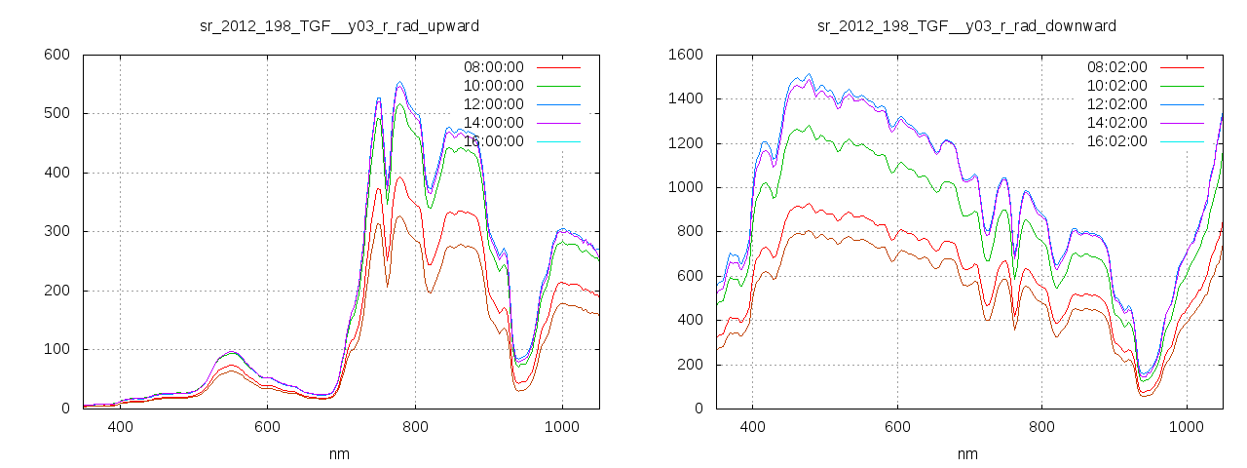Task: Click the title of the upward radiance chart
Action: pos(339,25)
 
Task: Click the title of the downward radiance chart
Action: pos(966,25)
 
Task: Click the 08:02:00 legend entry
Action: pos(1116,67)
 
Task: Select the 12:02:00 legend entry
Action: pos(1116,104)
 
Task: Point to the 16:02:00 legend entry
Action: pos(1116,141)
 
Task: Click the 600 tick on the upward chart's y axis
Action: pos(57,55)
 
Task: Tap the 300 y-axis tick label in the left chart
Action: pos(57,232)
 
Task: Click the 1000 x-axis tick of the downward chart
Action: pos(1187,426)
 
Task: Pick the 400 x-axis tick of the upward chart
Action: pos(121,426)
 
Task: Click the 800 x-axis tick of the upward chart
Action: pos(415,426)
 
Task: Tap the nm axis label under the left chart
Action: pos(340,453)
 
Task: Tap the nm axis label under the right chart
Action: pos(966,453)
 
